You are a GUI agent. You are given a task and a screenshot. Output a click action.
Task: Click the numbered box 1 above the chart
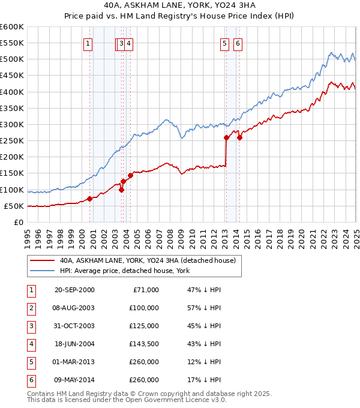[88, 43]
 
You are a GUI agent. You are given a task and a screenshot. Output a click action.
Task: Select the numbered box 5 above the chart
[224, 43]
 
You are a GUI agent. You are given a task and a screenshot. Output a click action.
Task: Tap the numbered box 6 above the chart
[238, 43]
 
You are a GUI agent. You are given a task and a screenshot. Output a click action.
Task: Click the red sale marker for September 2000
[89, 199]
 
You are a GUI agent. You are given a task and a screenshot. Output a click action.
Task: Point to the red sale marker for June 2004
[130, 175]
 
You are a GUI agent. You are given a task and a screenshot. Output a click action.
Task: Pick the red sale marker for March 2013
[226, 137]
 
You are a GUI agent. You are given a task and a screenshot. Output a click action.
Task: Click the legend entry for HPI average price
[124, 271]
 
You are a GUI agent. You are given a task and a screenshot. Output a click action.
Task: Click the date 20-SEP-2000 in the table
[74, 290]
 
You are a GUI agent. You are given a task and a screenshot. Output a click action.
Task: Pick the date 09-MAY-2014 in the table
[74, 380]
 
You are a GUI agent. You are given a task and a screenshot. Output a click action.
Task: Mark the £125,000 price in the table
[144, 326]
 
